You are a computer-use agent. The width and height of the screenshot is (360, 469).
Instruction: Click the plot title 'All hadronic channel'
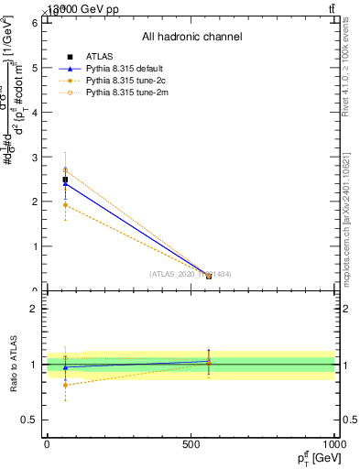tap(191, 38)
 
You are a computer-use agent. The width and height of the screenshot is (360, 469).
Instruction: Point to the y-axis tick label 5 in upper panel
tap(35, 67)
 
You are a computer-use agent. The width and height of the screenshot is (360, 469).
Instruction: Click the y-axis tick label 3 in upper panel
tap(35, 157)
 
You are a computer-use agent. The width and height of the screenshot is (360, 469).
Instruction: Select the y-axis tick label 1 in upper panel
tap(35, 246)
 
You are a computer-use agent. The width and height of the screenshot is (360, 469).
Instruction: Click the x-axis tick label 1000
tap(333, 443)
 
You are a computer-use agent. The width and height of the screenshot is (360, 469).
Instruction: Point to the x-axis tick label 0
tap(47, 443)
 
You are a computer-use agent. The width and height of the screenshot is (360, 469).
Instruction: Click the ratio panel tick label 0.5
tap(29, 420)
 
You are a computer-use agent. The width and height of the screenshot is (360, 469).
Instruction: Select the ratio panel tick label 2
tap(35, 309)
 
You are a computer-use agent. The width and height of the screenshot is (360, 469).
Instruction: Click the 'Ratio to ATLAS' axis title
tap(14, 365)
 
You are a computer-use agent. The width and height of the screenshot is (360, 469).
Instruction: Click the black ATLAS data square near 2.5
tap(65, 180)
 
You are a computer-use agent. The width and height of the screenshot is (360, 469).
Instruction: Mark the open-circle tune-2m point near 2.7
tap(65, 170)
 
